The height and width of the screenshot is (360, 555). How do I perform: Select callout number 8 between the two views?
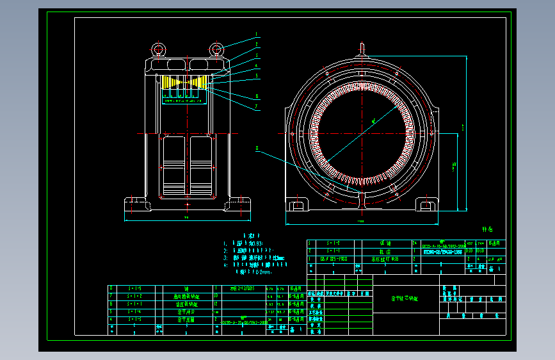[257, 148]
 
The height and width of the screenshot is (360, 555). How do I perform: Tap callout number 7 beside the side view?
[256, 107]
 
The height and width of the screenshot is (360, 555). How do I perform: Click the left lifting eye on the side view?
[157, 48]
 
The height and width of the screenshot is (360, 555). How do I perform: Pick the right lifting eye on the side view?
[217, 48]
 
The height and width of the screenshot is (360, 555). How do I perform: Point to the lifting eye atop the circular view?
[362, 48]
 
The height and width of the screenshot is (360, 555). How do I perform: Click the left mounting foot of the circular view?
[297, 204]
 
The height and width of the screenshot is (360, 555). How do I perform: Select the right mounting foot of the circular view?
[427, 204]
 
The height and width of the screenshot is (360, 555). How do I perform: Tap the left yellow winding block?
[172, 82]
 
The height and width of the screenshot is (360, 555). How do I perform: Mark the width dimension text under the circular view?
[362, 222]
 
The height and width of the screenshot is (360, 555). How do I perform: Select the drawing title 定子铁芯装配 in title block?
[405, 299]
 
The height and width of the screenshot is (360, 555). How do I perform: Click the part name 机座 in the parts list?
[385, 252]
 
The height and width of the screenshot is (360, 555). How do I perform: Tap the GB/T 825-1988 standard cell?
[334, 260]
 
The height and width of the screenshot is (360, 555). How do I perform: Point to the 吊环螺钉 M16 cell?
[385, 260]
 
